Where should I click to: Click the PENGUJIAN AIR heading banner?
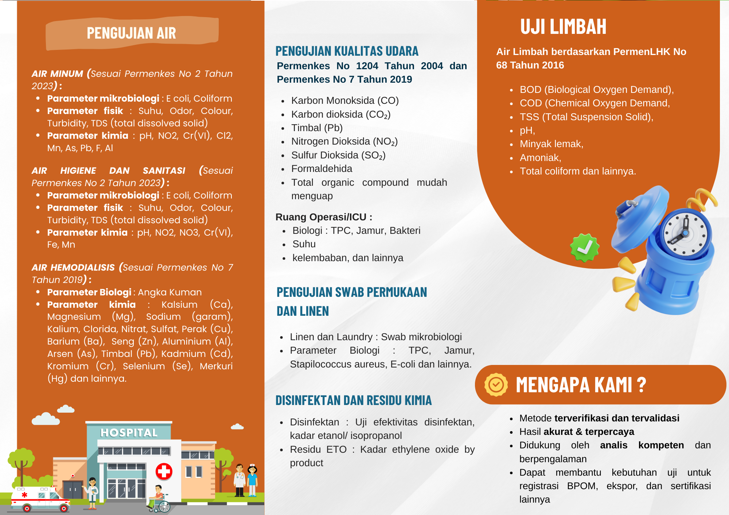[x=132, y=33]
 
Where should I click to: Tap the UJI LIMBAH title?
[x=563, y=27]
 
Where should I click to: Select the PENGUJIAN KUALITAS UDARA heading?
[x=347, y=51]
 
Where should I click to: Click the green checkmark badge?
[x=584, y=248]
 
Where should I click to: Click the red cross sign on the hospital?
[x=164, y=472]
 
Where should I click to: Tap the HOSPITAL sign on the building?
[x=129, y=433]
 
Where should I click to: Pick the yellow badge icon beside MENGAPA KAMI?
[x=496, y=385]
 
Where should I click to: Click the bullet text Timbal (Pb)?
[x=317, y=128]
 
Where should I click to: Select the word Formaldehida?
[x=321, y=169]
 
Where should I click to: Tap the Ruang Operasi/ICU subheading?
[x=324, y=217]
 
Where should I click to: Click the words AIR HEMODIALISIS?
[x=73, y=268]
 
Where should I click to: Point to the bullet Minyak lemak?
[x=551, y=144]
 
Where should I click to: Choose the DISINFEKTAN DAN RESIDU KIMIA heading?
[x=353, y=401]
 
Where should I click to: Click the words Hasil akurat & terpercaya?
[x=577, y=432]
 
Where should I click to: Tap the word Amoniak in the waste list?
[x=540, y=158]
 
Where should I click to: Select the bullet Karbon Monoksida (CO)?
[x=345, y=101]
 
